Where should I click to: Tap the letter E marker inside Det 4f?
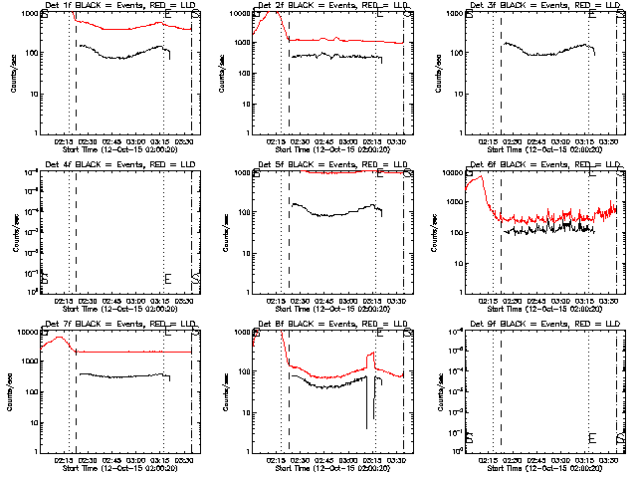pos(167,279)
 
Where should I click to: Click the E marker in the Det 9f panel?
pos(593,438)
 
